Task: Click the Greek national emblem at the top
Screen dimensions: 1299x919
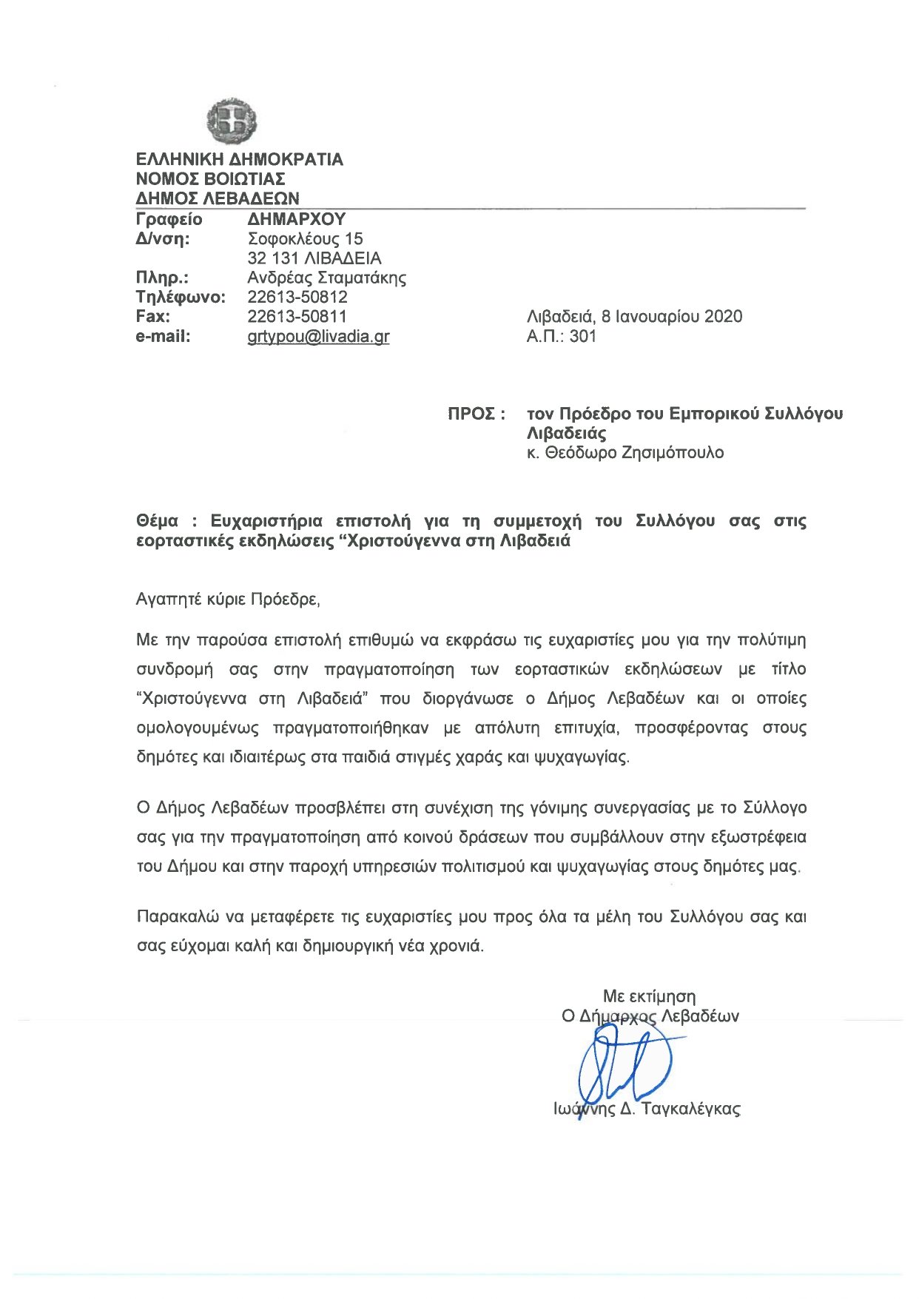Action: click(232, 121)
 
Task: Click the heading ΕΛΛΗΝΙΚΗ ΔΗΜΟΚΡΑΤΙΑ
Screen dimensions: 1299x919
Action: click(239, 160)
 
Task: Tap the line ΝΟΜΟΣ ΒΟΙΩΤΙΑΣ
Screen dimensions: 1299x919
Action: click(210, 179)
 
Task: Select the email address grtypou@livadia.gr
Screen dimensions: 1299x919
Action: click(318, 337)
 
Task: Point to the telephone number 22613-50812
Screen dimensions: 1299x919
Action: click(297, 298)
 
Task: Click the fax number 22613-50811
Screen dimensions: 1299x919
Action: click(297, 317)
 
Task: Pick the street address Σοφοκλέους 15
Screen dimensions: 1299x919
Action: click(305, 239)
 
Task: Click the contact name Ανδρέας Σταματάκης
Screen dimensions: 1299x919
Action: click(326, 278)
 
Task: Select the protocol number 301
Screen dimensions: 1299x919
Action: click(582, 337)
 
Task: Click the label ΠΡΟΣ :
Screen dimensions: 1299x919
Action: click(477, 414)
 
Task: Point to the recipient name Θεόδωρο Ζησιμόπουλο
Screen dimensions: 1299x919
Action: click(634, 453)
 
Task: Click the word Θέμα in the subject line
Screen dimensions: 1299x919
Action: click(157, 521)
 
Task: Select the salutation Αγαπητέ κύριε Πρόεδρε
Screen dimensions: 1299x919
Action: click(228, 600)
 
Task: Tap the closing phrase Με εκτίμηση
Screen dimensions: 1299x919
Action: click(649, 996)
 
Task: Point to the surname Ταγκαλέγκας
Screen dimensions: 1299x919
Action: click(690, 1109)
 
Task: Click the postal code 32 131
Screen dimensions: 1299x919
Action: click(272, 259)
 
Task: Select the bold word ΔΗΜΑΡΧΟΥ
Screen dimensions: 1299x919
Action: click(296, 219)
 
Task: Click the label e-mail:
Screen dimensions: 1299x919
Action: click(163, 337)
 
